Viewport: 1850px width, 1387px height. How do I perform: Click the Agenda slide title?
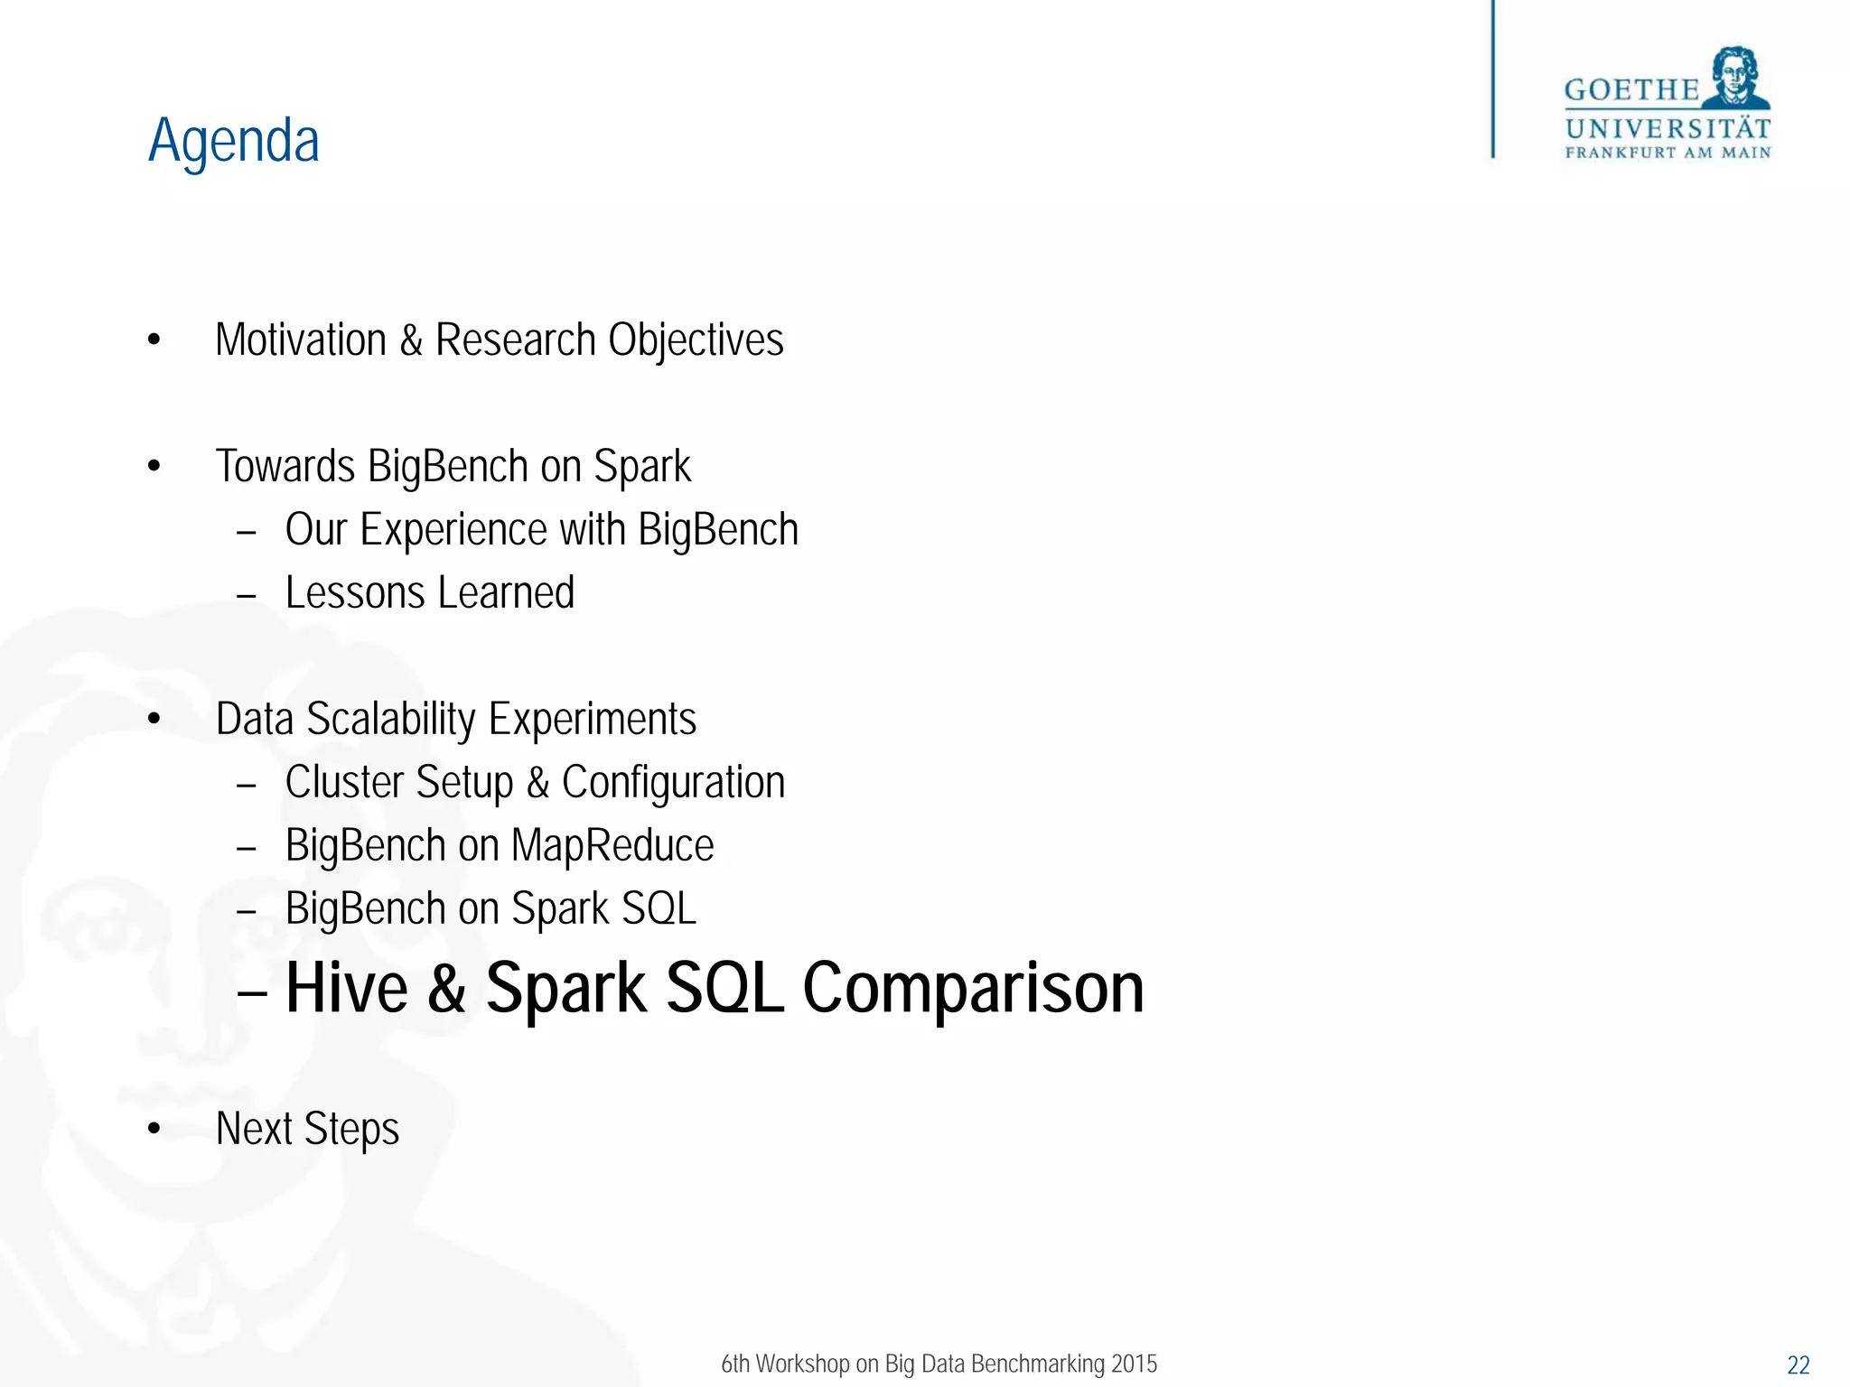click(234, 141)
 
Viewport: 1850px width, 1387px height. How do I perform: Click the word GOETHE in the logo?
click(1631, 90)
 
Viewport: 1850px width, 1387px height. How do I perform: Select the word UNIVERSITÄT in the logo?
click(1668, 128)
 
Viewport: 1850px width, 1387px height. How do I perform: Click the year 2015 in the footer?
click(1134, 1364)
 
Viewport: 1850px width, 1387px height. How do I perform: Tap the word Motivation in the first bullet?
click(301, 340)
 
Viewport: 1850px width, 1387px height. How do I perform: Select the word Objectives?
click(696, 340)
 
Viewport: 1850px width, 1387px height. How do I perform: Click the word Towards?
click(285, 467)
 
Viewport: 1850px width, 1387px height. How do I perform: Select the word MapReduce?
click(612, 846)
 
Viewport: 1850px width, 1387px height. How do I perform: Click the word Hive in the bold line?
click(347, 988)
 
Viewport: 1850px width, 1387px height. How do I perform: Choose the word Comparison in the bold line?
click(973, 988)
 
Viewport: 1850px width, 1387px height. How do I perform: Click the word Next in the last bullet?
click(254, 1129)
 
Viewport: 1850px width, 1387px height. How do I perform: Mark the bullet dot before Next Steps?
click(154, 1129)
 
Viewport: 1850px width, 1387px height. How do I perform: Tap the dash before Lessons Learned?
click(247, 596)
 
